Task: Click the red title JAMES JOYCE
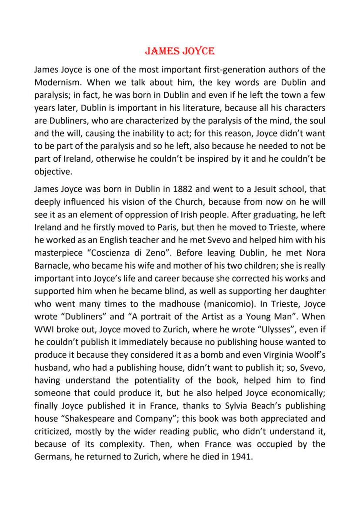(x=180, y=51)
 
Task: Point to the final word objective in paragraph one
(x=52, y=171)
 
